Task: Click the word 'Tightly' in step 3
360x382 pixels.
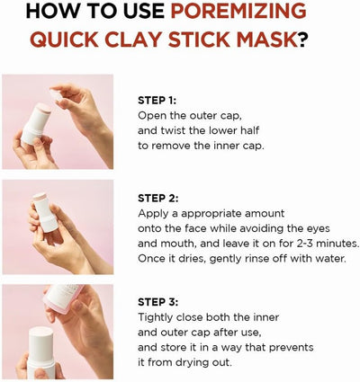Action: pos(158,317)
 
